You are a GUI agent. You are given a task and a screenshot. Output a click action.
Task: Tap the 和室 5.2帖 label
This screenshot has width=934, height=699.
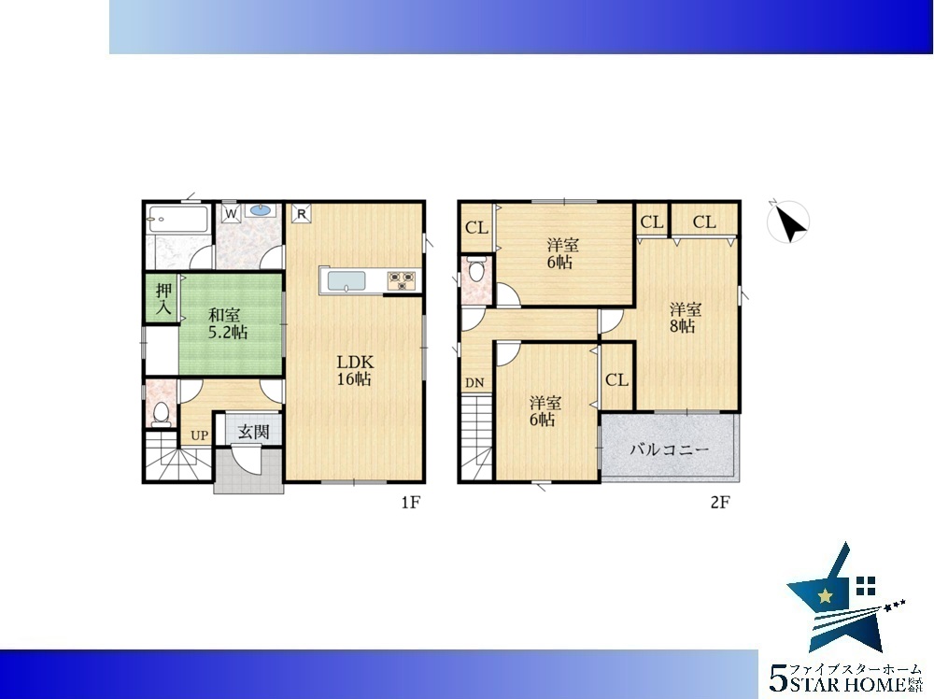coord(228,323)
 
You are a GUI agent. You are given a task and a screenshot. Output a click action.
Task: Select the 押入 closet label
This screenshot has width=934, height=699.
coord(163,299)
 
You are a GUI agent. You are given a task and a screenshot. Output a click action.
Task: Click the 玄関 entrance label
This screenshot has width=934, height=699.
coord(253,432)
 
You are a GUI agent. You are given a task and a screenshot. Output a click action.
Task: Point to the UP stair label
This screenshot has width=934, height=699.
coord(200,435)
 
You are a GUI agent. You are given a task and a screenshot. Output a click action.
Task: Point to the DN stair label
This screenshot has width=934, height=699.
coord(474,383)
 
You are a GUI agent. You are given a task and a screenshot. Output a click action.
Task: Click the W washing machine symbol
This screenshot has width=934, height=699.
coord(231,213)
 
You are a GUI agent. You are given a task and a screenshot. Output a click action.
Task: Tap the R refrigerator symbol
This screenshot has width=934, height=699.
coord(302,213)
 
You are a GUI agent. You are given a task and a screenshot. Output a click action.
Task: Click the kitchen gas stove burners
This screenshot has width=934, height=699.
coord(402,280)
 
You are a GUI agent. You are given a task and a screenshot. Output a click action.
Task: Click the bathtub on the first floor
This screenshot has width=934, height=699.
coord(177,220)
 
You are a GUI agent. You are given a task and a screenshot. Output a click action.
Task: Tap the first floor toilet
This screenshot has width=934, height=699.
coord(161,413)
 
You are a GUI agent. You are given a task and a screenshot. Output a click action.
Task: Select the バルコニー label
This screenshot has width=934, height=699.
coord(670,449)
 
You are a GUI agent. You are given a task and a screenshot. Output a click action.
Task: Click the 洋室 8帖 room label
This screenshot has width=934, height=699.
coord(685,318)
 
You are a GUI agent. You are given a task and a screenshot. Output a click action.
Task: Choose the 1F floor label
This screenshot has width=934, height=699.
coord(410,503)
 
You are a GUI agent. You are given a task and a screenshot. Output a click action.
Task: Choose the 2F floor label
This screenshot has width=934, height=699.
coord(719,503)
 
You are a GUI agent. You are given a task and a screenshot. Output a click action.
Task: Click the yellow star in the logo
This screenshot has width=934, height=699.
coord(826,595)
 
